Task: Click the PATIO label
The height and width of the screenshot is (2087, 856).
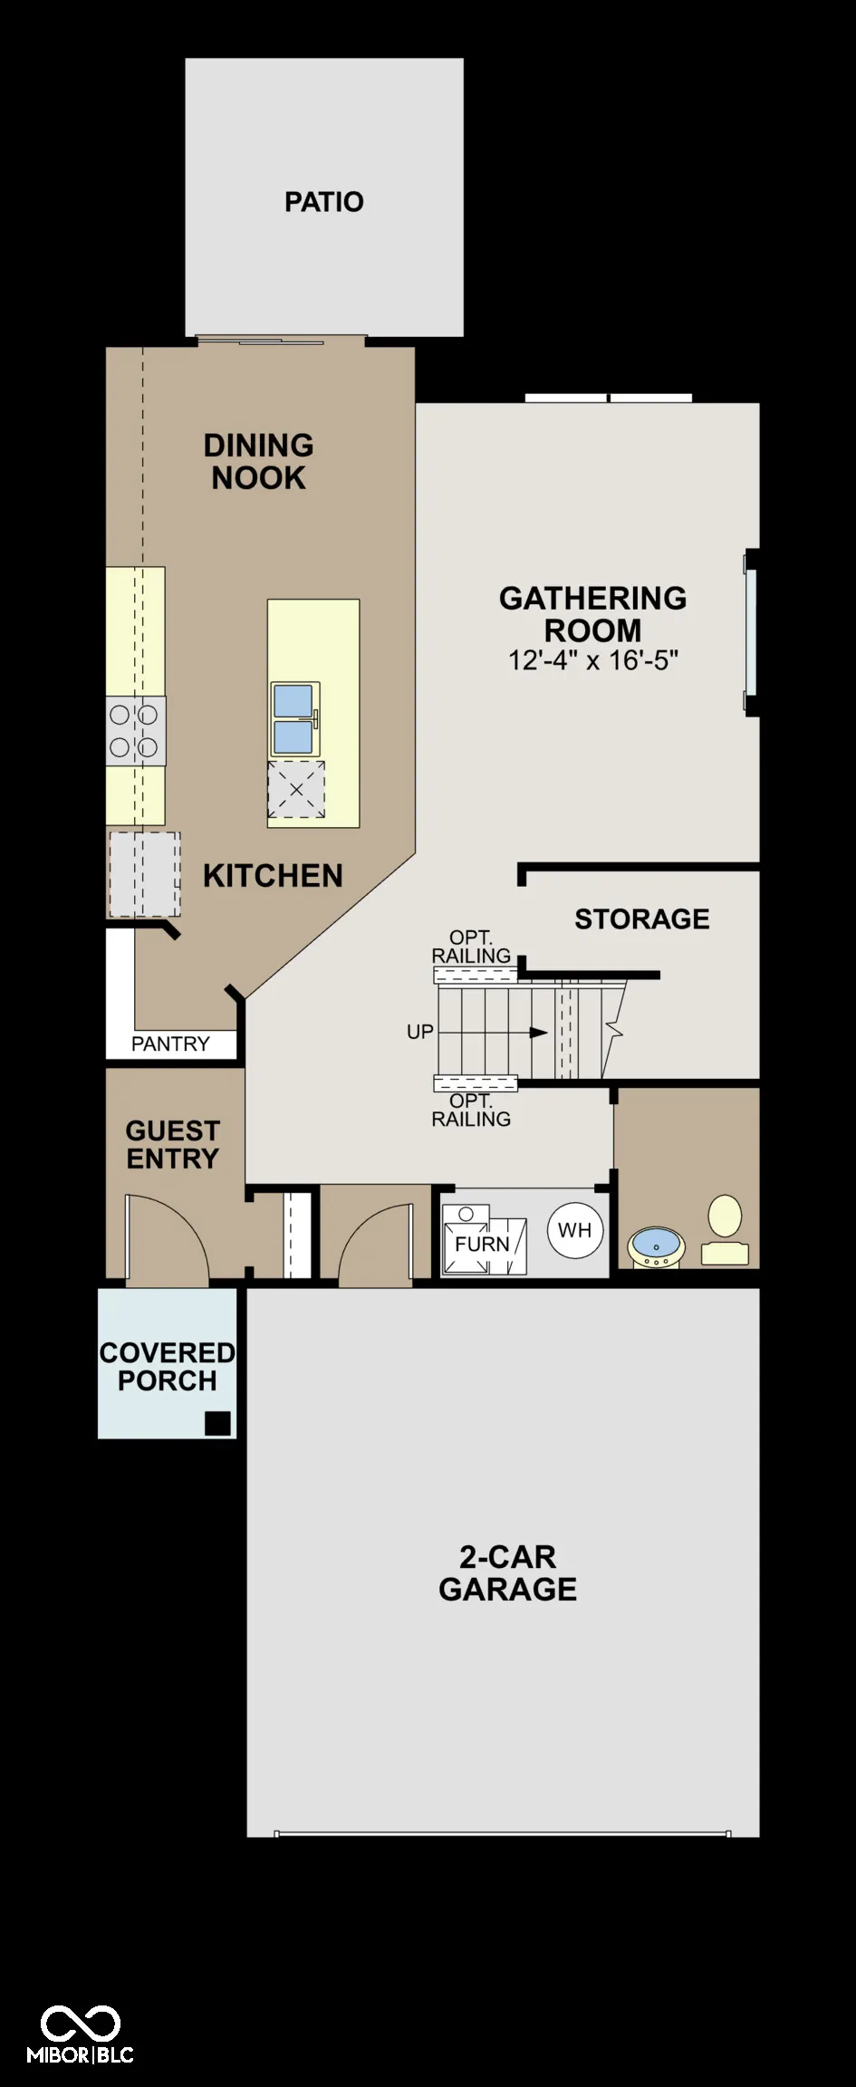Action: click(x=324, y=202)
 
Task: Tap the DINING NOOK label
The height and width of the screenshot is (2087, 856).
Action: click(x=259, y=462)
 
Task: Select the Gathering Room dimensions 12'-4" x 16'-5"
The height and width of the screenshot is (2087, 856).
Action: click(x=593, y=660)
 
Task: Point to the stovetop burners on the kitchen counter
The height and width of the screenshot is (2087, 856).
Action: click(x=136, y=731)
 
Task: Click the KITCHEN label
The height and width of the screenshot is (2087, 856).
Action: click(x=273, y=876)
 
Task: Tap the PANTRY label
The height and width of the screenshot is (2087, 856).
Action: click(x=170, y=1044)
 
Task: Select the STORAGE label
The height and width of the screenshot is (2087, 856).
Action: click(x=642, y=919)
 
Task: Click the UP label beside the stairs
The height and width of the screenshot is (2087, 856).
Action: click(x=420, y=1032)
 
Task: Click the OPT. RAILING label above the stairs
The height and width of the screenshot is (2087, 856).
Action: click(x=471, y=947)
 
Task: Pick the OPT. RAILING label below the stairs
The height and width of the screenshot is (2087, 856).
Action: click(x=471, y=1111)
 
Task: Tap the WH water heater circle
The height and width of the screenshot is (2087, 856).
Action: click(x=575, y=1230)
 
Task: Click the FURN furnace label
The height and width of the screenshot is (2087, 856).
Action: click(x=482, y=1245)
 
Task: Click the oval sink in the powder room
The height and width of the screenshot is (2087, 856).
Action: click(x=656, y=1247)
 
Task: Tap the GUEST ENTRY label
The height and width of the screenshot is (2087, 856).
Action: click(x=173, y=1145)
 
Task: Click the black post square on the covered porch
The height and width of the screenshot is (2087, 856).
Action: click(x=217, y=1423)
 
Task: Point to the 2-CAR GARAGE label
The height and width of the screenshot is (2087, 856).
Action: click(x=508, y=1573)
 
